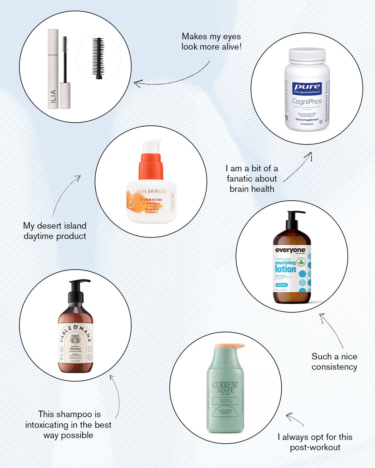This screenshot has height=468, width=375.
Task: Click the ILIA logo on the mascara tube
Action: (x=53, y=97)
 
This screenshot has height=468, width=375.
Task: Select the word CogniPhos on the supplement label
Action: (x=307, y=101)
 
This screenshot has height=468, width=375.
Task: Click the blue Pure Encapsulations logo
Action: (x=307, y=88)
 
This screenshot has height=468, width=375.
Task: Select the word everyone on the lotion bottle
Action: (x=290, y=250)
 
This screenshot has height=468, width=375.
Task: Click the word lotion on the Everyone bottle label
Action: (x=285, y=269)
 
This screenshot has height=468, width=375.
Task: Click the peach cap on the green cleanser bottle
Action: (x=230, y=346)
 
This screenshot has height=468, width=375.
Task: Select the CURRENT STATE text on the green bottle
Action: (x=225, y=388)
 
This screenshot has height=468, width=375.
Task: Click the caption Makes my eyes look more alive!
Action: (x=211, y=41)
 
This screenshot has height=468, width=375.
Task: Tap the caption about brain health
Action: (x=252, y=178)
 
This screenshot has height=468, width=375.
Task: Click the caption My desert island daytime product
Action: (x=55, y=231)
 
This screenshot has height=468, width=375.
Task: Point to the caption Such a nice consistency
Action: (x=334, y=362)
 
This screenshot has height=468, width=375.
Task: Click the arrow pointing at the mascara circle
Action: (x=172, y=80)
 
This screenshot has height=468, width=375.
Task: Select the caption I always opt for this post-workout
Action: (x=315, y=442)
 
